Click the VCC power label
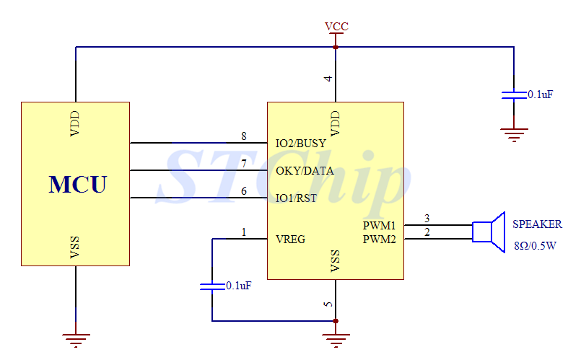pos(336,27)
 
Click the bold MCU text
pos(77,184)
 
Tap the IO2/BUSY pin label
pos(301,144)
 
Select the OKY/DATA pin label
pos(305,171)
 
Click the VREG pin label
pos(290,239)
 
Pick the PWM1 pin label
pos(380,226)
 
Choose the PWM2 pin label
pos(380,239)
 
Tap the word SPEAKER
pos(537,224)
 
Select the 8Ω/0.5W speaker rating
pos(535,245)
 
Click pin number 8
pos(244,136)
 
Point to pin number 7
pos(244,164)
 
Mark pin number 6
pos(244,191)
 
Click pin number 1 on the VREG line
pos(244,232)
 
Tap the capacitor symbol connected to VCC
pos(514,95)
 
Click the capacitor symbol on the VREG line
pos(212,286)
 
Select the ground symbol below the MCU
pos(76,337)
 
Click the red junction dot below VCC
pos(336,48)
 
